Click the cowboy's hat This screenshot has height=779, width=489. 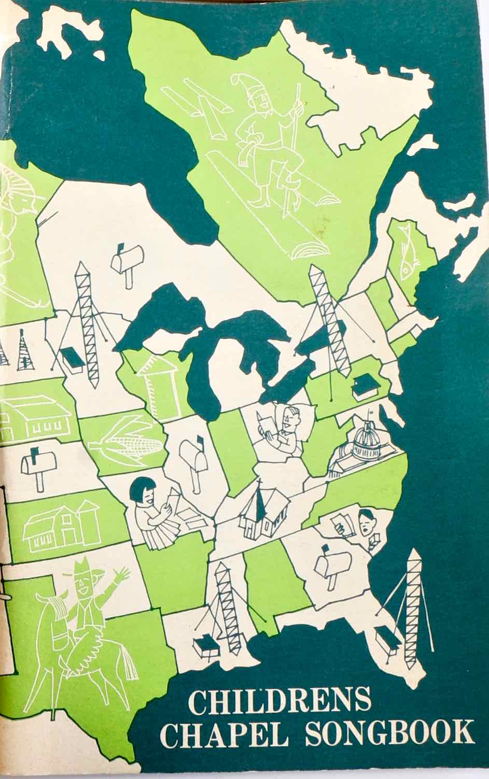click(x=83, y=570)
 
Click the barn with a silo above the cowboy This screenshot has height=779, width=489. click(x=62, y=526)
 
